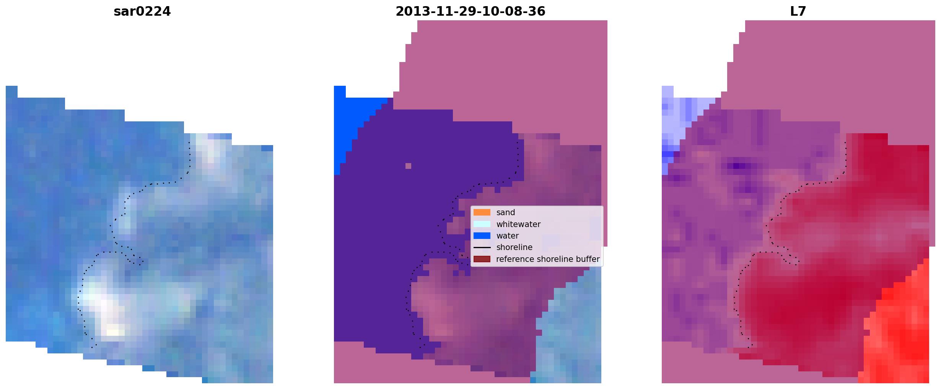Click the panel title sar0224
click(x=142, y=11)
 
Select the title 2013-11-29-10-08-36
click(x=470, y=11)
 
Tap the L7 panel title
click(x=798, y=11)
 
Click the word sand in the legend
click(x=505, y=212)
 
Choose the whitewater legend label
click(x=518, y=224)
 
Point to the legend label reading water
click(x=507, y=236)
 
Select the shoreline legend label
click(x=514, y=247)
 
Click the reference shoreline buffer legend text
click(x=548, y=259)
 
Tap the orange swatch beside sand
click(x=482, y=212)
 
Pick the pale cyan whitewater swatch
click(x=482, y=224)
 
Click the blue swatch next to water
click(x=482, y=236)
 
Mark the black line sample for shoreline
click(x=482, y=248)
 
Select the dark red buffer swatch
click(x=482, y=259)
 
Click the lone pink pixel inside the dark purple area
click(x=408, y=166)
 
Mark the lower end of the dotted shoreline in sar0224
click(x=92, y=348)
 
